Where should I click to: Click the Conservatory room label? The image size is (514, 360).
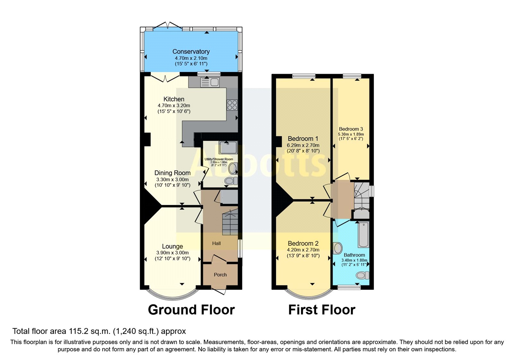coord(191,51)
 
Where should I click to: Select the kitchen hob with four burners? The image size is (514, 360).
coord(232,105)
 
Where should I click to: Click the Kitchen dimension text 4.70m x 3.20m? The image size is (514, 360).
coord(174,105)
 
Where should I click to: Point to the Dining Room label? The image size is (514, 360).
coord(173,173)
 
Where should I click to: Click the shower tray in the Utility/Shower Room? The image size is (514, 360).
coord(228,148)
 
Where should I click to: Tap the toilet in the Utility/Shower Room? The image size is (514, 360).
coord(230,181)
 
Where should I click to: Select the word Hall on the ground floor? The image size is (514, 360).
coord(216,243)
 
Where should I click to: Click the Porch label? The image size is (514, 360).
coord(220,274)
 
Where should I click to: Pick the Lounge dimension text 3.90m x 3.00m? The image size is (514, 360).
coord(173,253)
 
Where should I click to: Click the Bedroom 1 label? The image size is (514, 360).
coord(303,139)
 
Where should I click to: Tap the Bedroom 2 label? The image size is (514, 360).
coord(303,243)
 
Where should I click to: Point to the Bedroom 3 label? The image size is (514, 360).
coord(351,129)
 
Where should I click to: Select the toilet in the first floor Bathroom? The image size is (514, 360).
coord(362,275)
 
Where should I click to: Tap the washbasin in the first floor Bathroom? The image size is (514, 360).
coord(338,248)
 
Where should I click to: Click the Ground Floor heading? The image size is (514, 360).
coord(191,310)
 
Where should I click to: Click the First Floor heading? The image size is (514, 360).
coord(322,310)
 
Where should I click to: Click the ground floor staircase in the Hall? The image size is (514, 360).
coord(230,222)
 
